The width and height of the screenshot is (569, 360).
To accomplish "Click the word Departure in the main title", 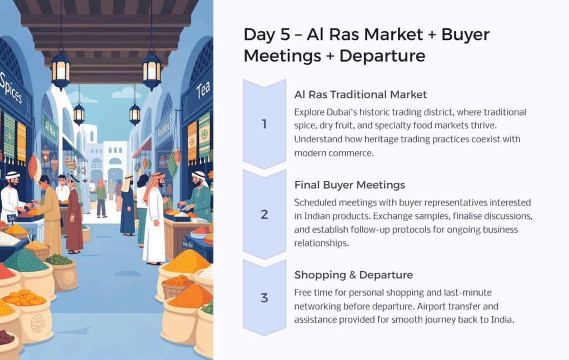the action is click(x=382, y=56).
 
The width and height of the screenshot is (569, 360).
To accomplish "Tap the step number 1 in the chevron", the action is click(x=264, y=124).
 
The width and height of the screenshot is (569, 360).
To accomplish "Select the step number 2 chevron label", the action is click(x=264, y=214).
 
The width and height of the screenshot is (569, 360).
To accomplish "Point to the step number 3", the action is click(x=264, y=298).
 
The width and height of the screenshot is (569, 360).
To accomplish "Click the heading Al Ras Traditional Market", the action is click(x=360, y=94).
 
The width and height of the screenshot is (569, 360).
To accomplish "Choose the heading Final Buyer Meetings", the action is click(x=350, y=185).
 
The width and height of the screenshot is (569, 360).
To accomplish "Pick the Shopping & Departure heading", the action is click(x=353, y=275).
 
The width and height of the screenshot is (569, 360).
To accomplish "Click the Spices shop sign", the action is click(x=12, y=88).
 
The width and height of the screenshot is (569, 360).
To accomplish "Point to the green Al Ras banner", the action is click(x=50, y=128).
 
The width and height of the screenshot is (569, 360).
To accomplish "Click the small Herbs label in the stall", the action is click(x=188, y=244).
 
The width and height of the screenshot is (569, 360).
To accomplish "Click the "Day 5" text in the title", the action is click(x=267, y=35).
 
